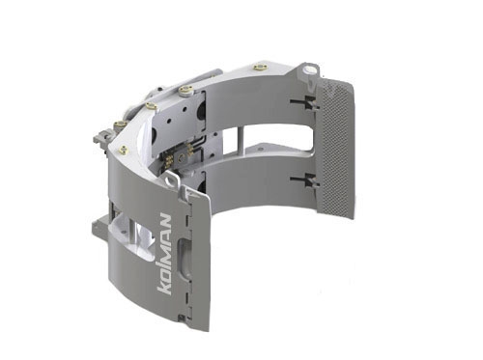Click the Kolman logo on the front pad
pyautogui.click(x=164, y=254)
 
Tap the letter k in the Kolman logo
pyautogui.click(x=163, y=288)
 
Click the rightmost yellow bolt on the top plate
pyautogui.click(x=259, y=68)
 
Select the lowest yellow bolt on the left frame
pyautogui.click(x=123, y=149)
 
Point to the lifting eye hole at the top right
pyautogui.click(x=309, y=69)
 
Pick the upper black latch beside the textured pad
pyautogui.click(x=304, y=103)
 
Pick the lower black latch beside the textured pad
pyautogui.click(x=304, y=180)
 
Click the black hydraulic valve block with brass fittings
pyautogui.click(x=179, y=155)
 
